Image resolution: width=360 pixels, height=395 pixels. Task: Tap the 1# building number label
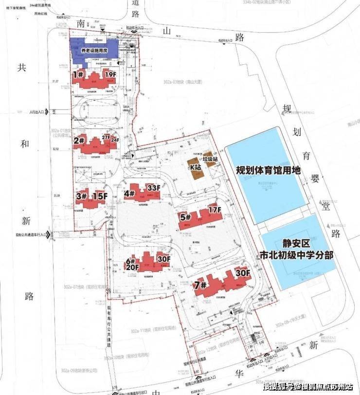click(x=77, y=75)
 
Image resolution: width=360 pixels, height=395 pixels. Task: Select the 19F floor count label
click(x=111, y=74)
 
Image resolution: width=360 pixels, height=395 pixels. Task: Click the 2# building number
click(x=80, y=141)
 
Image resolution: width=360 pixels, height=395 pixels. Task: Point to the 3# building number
click(x=81, y=197)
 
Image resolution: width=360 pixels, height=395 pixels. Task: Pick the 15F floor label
click(x=100, y=197)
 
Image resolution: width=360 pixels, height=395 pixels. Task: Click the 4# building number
click(x=129, y=194)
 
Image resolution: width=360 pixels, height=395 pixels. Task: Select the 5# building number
click(x=185, y=217)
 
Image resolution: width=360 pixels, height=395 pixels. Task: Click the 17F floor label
click(x=215, y=211)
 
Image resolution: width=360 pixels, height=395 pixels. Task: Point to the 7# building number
click(x=199, y=285)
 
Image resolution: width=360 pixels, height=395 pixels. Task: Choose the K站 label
click(x=196, y=167)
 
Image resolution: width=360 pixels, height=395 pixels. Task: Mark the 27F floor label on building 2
click(x=107, y=138)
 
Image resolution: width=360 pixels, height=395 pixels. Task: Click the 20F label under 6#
click(x=132, y=267)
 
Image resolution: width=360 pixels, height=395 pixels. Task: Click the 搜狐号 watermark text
click(x=278, y=387)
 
